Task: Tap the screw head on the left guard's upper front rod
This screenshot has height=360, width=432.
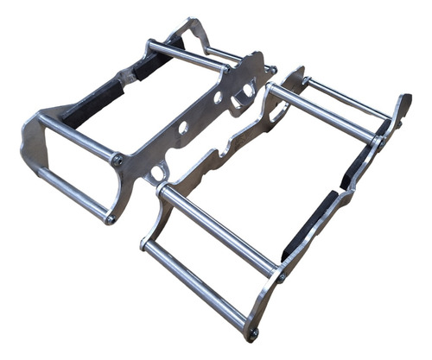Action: coord(117,159)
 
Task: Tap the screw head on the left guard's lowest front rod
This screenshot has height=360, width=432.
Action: coord(110,219)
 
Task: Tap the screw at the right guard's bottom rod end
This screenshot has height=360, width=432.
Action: coord(252,332)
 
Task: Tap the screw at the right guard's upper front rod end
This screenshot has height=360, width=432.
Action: coord(279,276)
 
